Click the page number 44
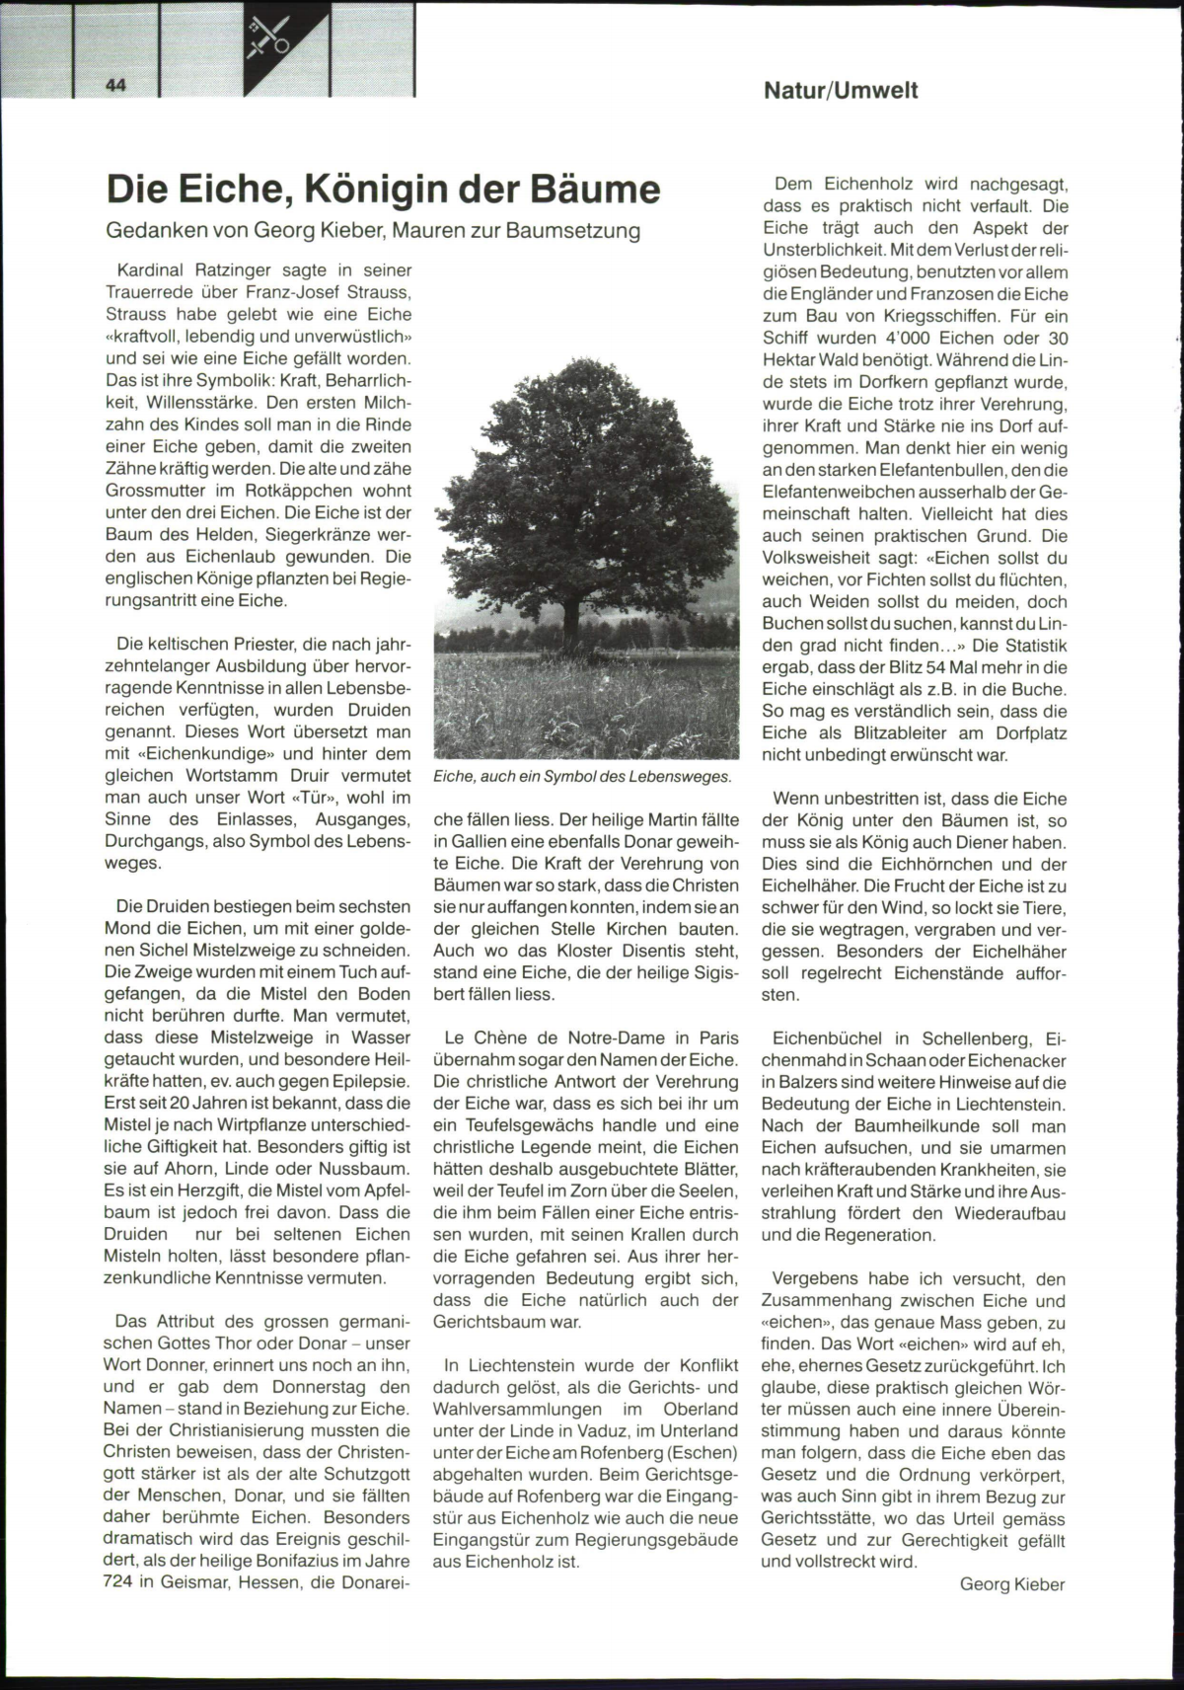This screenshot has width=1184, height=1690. click(x=115, y=86)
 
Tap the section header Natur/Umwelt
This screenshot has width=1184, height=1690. click(x=841, y=91)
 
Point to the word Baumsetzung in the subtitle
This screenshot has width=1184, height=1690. click(x=585, y=231)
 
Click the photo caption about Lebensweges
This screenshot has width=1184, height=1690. click(x=582, y=777)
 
